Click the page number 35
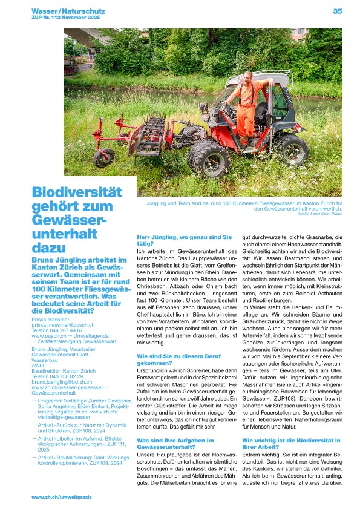point(338,11)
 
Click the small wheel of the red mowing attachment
point(103,158)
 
